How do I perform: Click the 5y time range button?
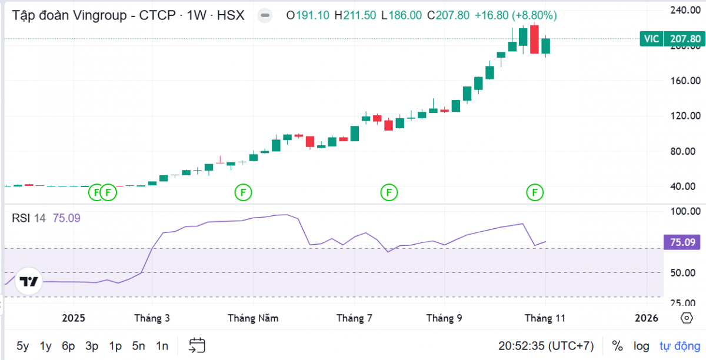(x=22, y=346)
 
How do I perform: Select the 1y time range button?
(x=46, y=346)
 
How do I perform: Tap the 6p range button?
(x=68, y=346)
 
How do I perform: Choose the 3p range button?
(x=92, y=346)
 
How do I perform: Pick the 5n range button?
(x=138, y=346)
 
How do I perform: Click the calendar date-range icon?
(x=197, y=345)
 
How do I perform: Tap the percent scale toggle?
(x=617, y=346)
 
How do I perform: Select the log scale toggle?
(x=641, y=346)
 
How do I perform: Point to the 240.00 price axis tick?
(x=685, y=11)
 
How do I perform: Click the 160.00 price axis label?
(x=685, y=81)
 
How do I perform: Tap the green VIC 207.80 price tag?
(x=671, y=39)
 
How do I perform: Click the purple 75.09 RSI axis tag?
(x=683, y=242)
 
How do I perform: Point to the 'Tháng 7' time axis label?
(x=354, y=318)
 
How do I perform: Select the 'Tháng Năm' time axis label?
(x=253, y=318)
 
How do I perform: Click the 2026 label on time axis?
(x=647, y=318)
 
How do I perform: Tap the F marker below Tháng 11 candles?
(x=535, y=192)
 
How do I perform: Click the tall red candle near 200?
(x=534, y=39)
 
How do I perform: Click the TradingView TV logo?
(x=28, y=281)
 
